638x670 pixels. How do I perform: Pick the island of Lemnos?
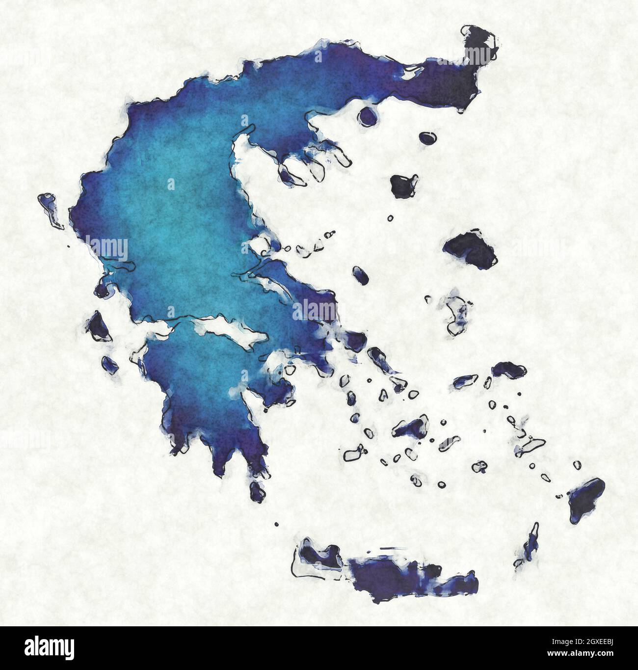point(404,185)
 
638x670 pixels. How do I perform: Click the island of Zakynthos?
point(109,364)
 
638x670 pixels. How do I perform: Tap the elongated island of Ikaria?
point(464,380)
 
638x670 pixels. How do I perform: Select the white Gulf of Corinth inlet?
point(231,334)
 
